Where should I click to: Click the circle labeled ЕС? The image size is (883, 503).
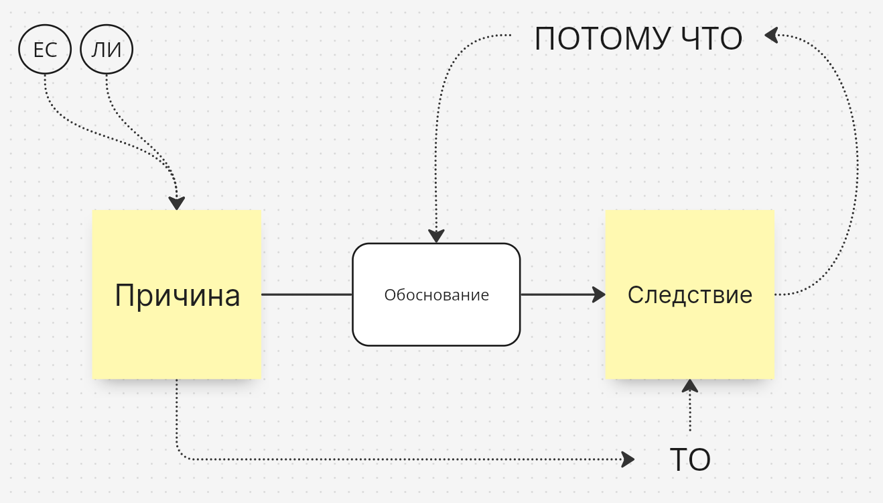point(45,50)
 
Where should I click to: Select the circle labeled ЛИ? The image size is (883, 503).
point(107,50)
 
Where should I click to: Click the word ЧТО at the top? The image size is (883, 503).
point(711,39)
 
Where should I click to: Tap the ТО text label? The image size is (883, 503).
point(689,460)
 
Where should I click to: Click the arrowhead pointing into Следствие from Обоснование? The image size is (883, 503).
point(598,294)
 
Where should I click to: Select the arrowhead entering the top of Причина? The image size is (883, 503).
point(176,203)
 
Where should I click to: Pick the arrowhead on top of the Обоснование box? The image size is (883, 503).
point(436,236)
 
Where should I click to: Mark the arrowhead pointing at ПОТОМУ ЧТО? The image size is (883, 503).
point(771,34)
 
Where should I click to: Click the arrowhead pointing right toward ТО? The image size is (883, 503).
point(627,459)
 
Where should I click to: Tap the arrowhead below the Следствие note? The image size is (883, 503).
point(689,386)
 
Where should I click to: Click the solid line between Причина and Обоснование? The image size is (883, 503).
point(306,294)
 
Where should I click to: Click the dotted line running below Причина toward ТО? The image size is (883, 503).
point(402,459)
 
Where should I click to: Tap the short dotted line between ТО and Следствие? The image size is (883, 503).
point(689,412)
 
